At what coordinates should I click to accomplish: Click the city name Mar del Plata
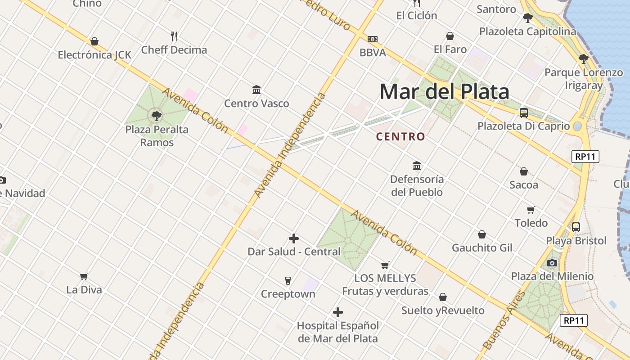tap(444, 92)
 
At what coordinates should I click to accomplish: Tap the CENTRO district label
tap(400, 136)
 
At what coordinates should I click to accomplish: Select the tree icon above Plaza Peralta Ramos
tap(157, 117)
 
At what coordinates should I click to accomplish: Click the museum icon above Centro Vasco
tap(256, 90)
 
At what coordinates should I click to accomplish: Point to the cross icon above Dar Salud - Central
tap(294, 238)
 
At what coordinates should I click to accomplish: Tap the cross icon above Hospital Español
tap(338, 312)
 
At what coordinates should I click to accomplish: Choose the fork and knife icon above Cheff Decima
tap(174, 36)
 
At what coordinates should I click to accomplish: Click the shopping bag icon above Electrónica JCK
tap(94, 42)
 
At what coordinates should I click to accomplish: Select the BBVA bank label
tap(373, 53)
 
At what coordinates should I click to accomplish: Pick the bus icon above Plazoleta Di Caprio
tap(524, 113)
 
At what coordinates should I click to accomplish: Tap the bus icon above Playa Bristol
tap(576, 227)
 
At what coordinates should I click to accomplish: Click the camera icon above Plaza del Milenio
tap(552, 263)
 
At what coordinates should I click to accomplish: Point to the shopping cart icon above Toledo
tap(531, 210)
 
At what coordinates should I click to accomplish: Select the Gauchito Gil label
tap(482, 248)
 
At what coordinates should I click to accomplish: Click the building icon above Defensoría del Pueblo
tap(417, 166)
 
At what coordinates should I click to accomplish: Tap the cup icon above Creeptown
tap(288, 281)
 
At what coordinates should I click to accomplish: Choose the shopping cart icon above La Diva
tap(84, 276)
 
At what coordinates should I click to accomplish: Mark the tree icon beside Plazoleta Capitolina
tap(527, 18)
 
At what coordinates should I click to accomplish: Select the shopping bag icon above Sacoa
tap(524, 171)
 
